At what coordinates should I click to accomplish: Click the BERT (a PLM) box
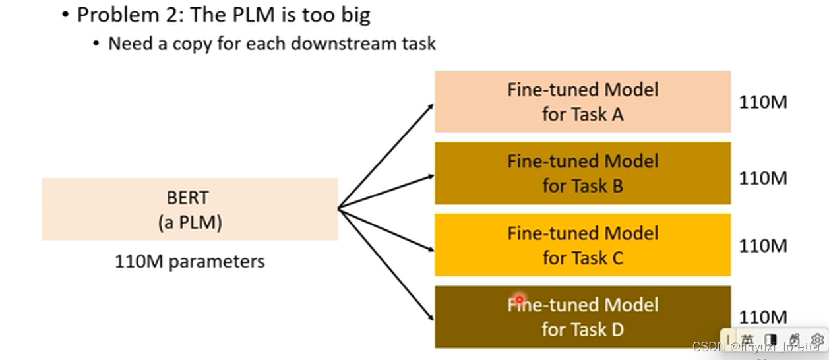tap(189, 209)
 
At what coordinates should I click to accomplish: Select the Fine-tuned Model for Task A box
tap(582, 102)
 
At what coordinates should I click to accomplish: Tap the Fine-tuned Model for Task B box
tap(582, 173)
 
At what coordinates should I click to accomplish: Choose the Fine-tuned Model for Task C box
tap(582, 245)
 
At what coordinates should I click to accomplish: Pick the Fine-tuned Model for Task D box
tap(582, 316)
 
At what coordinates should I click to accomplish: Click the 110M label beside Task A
tap(763, 103)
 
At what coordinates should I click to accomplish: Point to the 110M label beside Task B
tap(763, 178)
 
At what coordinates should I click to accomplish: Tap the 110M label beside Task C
tap(763, 246)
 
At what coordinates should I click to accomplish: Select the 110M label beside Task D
tap(763, 317)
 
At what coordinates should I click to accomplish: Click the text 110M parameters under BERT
tap(190, 262)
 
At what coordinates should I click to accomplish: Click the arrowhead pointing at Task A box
tap(430, 106)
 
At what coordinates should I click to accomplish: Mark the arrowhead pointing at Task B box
tap(430, 177)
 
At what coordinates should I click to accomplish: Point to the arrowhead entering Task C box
tap(430, 249)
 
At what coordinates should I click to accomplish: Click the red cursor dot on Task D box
tap(519, 299)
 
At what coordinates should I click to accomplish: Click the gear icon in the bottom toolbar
tap(817, 339)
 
